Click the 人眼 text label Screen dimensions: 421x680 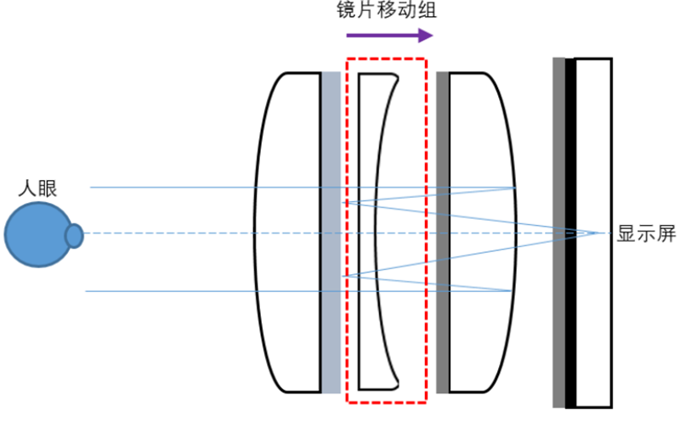37,189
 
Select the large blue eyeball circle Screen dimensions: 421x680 35,235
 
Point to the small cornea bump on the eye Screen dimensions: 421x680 74,235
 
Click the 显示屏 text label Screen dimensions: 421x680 642,235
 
